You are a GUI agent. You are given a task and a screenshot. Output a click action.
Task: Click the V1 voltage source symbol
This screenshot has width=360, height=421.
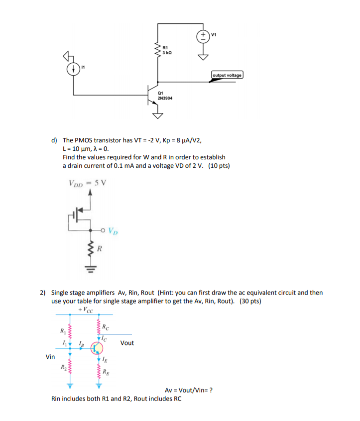[x=203, y=36]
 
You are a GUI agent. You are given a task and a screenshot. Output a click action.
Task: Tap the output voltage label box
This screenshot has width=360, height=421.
[x=227, y=75]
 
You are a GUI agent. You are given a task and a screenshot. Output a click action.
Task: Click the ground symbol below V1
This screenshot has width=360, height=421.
[x=203, y=56]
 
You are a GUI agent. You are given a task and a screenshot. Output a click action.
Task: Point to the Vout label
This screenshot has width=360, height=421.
[x=127, y=343]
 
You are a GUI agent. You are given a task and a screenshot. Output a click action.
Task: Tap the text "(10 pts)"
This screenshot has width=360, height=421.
[x=219, y=166]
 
